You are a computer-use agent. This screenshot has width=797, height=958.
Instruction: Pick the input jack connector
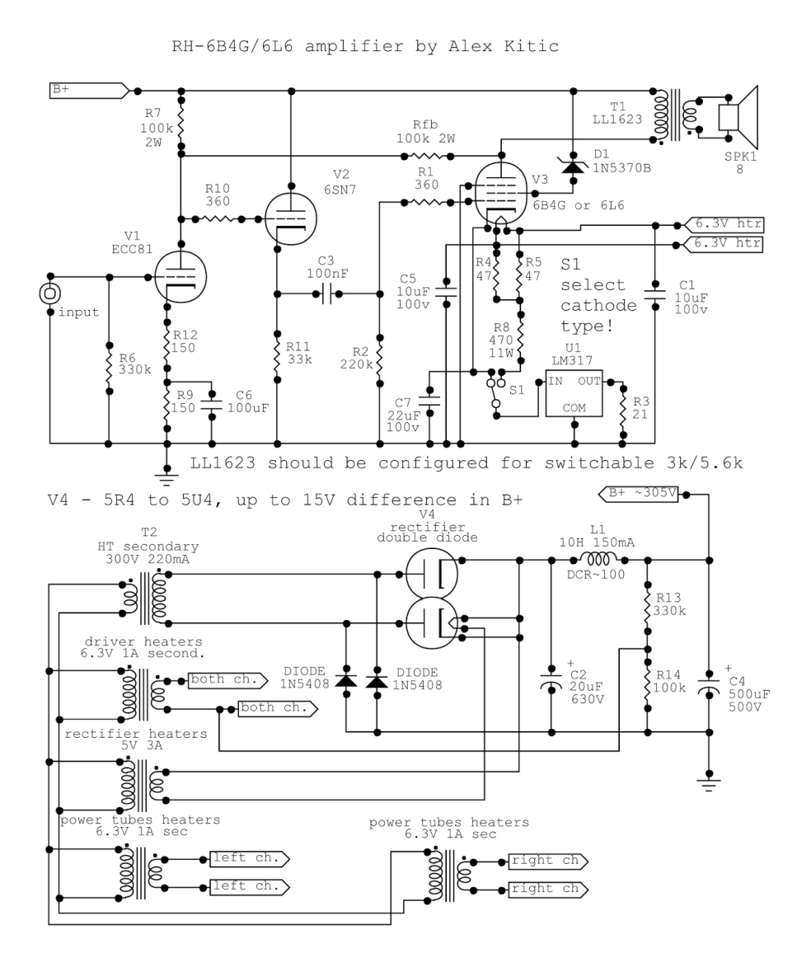pos(50,293)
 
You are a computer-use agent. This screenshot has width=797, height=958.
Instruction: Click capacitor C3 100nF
pos(326,294)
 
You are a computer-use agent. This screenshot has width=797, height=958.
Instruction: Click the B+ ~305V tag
pos(640,494)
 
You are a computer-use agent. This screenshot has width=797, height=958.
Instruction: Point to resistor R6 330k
pos(110,359)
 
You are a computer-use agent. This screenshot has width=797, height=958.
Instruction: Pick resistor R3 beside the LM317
pos(624,406)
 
